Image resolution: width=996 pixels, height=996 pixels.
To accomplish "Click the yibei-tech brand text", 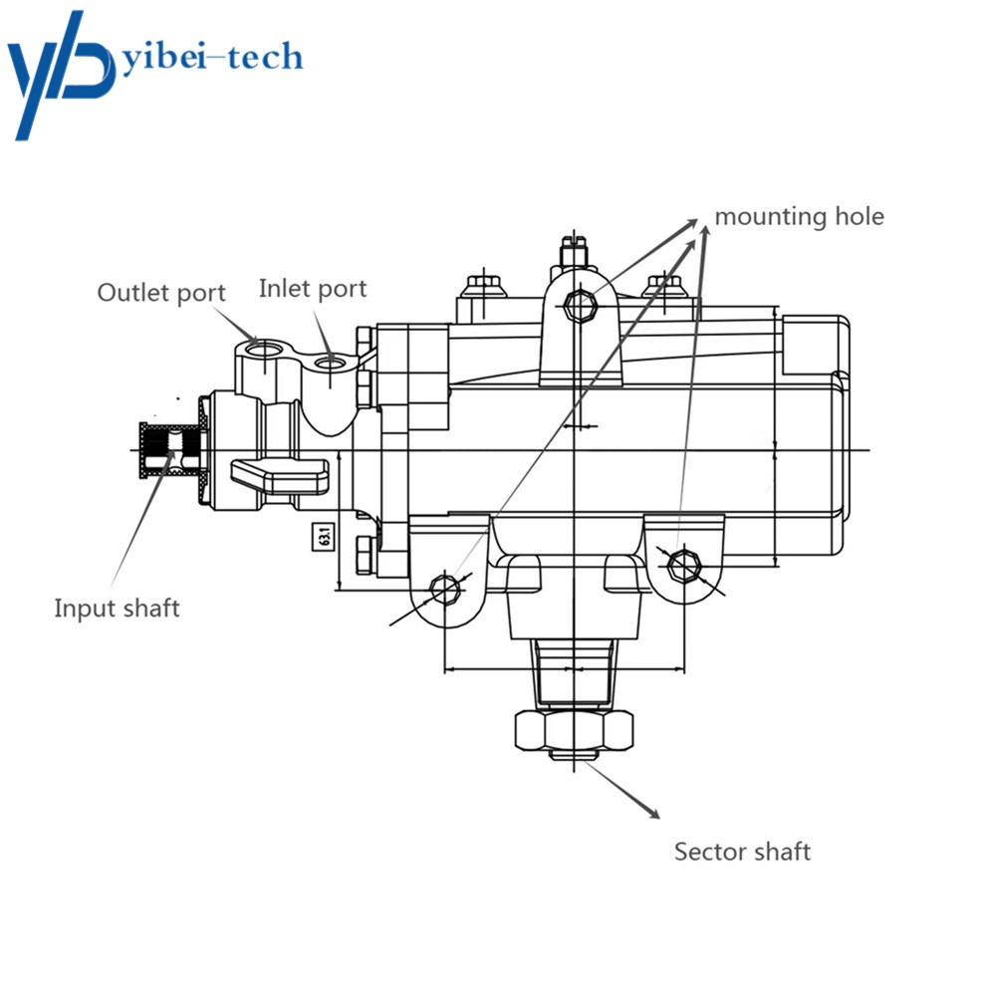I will (x=211, y=58).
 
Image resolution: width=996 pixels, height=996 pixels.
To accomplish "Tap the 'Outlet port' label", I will (x=161, y=293).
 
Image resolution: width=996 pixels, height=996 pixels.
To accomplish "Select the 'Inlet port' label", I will (x=313, y=289).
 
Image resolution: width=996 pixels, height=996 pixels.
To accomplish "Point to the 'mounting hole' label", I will (x=799, y=216).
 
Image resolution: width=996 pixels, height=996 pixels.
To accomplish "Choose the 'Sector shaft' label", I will (x=742, y=852).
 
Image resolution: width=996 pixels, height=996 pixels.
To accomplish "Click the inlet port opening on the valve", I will (x=330, y=363).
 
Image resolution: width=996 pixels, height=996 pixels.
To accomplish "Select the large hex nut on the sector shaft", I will (x=575, y=732).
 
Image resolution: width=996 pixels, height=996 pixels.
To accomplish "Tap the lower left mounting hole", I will (x=443, y=589).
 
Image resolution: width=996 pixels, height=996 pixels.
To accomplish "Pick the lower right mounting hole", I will (x=682, y=565).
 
